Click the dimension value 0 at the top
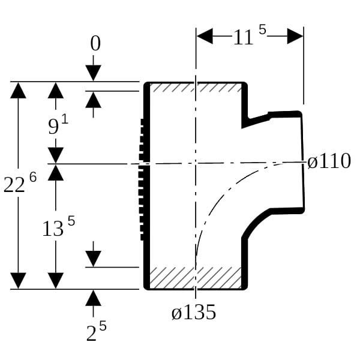[95, 44]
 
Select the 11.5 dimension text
[248, 37]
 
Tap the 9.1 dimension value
[58, 126]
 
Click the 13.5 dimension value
[58, 227]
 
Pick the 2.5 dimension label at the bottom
[95, 332]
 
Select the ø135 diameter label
[193, 313]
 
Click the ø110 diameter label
[329, 162]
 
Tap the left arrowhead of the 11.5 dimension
[205, 37]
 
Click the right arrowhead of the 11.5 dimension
[295, 37]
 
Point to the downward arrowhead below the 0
[94, 73]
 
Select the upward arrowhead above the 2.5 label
[94, 298]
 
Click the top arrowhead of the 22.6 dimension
[19, 89]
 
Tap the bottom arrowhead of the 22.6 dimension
[19, 280]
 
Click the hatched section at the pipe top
[194, 88]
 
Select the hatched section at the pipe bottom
[194, 278]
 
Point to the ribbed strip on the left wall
[143, 179]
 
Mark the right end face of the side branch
[302, 162]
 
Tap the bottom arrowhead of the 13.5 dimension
[56, 280]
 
